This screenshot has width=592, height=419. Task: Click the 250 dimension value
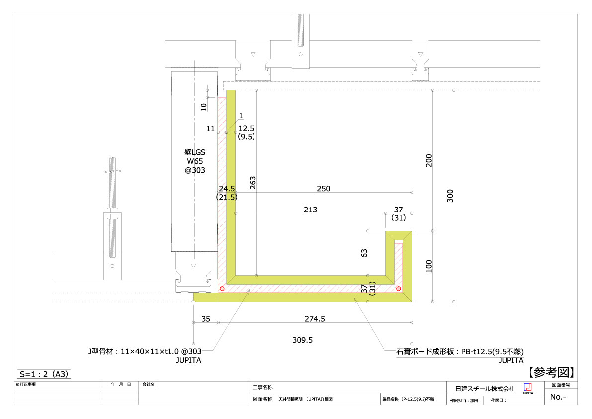pyautogui.click(x=324, y=189)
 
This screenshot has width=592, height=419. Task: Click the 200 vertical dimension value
pyautogui.click(x=429, y=160)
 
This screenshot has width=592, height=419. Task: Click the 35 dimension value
pyautogui.click(x=205, y=319)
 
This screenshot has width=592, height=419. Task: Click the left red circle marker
pyautogui.click(x=222, y=288)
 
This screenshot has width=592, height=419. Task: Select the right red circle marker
pyautogui.click(x=399, y=288)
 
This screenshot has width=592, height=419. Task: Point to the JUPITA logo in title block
pyautogui.click(x=528, y=388)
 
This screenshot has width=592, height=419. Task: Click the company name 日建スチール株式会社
pyautogui.click(x=485, y=388)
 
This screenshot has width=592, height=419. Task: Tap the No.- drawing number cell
pyautogui.click(x=558, y=397)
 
